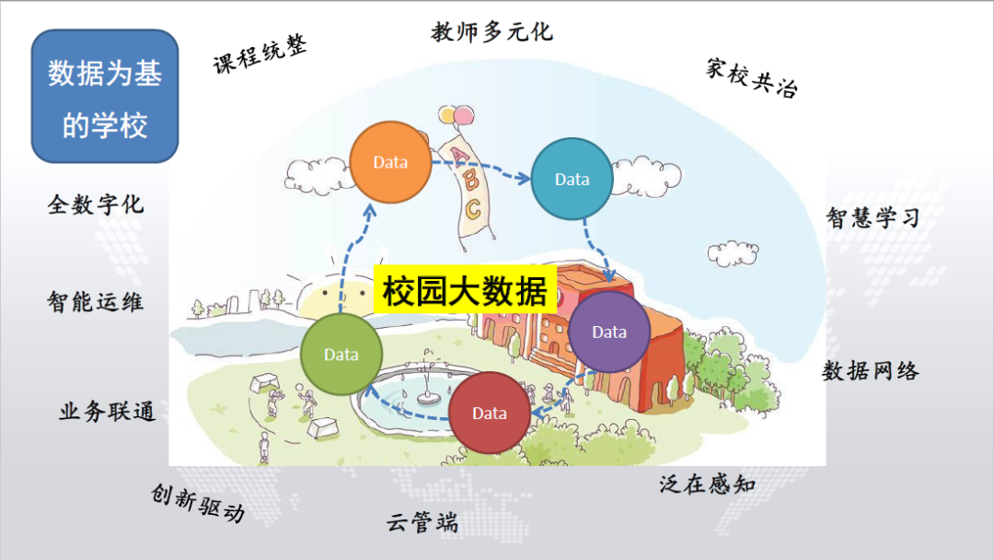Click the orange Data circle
click(x=390, y=162)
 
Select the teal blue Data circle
click(x=572, y=180)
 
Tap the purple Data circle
click(x=609, y=332)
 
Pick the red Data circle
click(x=490, y=414)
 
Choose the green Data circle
click(x=341, y=354)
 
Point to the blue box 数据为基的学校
click(x=104, y=97)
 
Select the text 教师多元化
click(x=492, y=32)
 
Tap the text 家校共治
click(x=752, y=77)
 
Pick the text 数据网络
click(x=871, y=371)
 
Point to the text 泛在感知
click(x=707, y=484)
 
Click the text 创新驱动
click(x=198, y=503)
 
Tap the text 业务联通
click(x=108, y=412)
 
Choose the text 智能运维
click(x=96, y=301)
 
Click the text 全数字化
click(x=96, y=204)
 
